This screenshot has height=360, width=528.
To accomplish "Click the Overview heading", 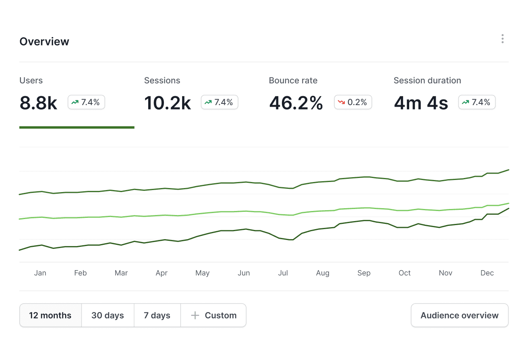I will [44, 41].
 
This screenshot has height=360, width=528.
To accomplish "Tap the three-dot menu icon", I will [502, 39].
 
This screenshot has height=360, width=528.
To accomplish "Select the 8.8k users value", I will [38, 103].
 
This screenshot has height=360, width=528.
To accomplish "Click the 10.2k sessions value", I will [168, 103].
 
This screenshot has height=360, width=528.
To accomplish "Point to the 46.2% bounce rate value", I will [296, 103].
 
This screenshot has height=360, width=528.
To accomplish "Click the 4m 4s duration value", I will [421, 103].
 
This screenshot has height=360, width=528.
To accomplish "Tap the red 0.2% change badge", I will [353, 102].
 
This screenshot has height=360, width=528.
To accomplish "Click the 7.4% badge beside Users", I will [86, 102].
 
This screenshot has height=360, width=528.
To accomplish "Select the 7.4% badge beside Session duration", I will [477, 102].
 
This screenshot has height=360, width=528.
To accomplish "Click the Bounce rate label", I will [293, 81].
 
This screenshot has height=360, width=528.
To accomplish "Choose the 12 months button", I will [50, 315].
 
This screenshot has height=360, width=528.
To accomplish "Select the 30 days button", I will [108, 315].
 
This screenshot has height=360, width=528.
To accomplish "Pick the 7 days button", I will [157, 315].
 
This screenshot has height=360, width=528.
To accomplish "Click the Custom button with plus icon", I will [213, 315].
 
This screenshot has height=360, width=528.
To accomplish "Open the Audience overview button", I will [460, 315].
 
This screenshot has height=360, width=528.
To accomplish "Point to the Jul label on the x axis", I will [283, 273].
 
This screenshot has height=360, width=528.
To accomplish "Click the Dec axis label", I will [487, 273].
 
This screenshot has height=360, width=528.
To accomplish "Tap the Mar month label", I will [121, 273].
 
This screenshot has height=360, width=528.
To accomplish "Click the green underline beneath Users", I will [77, 127].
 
